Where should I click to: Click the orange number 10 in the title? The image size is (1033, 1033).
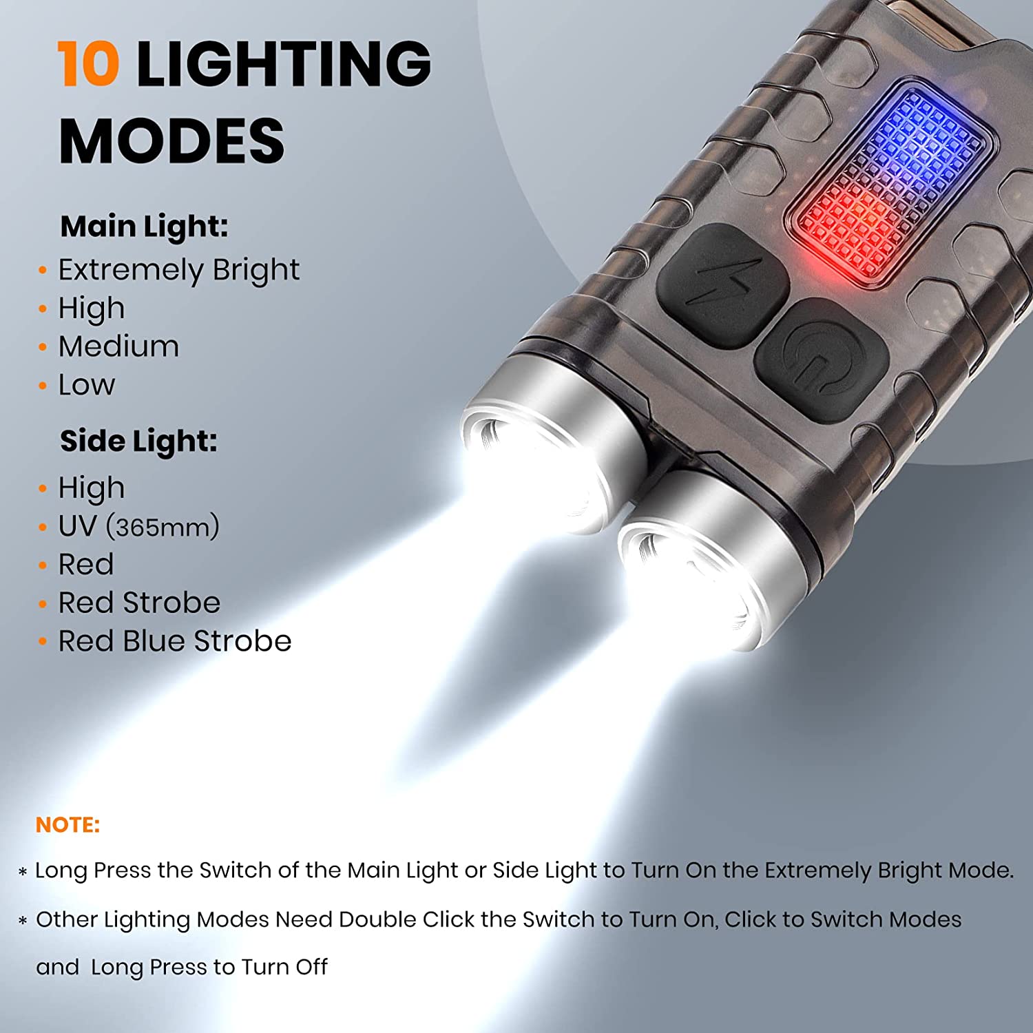coord(88,63)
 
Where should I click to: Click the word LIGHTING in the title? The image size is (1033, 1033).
coord(284,63)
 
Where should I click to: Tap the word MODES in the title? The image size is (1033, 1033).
coord(171,140)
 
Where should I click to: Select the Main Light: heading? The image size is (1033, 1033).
coord(144,227)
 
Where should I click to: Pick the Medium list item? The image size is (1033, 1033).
coord(118,346)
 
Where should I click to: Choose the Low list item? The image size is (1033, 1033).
coord(86,385)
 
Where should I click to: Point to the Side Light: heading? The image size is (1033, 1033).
coord(138,441)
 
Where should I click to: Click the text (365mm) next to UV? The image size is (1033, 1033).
coord(163,528)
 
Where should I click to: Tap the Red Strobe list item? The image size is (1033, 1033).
coord(139,603)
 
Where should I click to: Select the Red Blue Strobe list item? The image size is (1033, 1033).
coord(175,642)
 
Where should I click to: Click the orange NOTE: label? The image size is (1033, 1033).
coord(67,825)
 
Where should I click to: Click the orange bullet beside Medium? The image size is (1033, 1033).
coord(43,346)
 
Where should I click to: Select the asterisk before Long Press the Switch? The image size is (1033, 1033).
coord(23,872)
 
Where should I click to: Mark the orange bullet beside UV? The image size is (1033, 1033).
coord(43,528)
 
